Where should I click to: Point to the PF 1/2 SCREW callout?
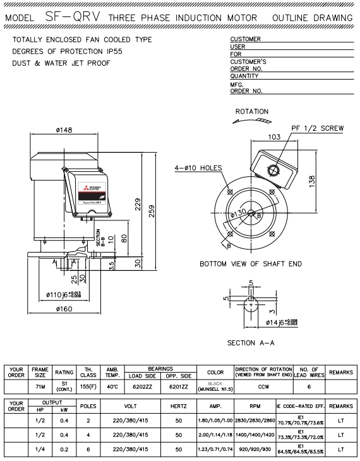(318, 128)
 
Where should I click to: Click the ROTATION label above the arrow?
(251, 112)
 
